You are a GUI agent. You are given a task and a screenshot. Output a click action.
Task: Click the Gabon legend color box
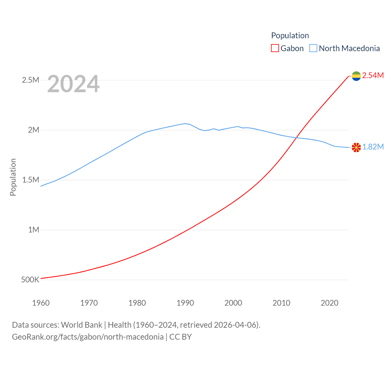point(275,48)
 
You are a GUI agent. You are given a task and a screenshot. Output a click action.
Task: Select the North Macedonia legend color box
point(313,48)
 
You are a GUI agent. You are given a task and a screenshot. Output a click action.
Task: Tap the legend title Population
point(290,36)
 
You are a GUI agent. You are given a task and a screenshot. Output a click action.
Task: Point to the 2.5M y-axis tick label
point(31,80)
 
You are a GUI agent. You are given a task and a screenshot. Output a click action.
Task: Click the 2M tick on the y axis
point(34,130)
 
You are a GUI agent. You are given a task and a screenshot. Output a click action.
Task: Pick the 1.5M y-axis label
point(31,180)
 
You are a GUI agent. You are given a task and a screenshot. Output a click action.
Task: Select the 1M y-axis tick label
point(34,230)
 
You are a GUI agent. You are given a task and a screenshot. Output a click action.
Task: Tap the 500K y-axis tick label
point(30,280)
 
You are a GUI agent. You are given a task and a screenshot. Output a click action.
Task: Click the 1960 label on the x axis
point(41,303)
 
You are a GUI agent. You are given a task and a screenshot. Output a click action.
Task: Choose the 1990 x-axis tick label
point(185,303)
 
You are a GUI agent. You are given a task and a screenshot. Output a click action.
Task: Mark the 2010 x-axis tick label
point(281,303)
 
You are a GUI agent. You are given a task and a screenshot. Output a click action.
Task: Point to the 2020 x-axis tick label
point(330,303)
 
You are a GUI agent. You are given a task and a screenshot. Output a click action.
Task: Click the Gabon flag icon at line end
point(356,76)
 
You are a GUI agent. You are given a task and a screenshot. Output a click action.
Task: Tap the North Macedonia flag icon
point(356,147)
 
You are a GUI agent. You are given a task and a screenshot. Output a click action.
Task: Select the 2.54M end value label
point(373,75)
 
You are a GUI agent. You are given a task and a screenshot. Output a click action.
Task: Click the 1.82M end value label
point(373,147)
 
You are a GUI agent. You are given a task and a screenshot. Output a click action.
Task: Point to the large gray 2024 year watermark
point(73,84)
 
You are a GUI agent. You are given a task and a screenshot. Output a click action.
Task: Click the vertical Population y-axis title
point(13,177)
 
